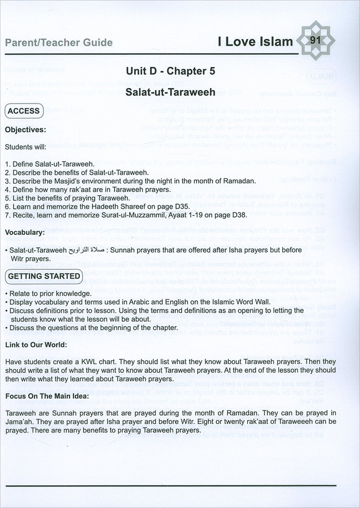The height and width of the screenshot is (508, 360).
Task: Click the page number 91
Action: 314,40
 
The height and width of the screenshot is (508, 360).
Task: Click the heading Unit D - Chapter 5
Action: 171,71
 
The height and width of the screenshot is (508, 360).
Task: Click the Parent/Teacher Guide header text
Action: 59,43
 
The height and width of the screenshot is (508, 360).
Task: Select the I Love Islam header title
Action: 255,42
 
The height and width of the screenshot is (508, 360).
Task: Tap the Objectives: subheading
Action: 25,130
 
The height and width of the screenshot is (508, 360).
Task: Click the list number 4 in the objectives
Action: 7,189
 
